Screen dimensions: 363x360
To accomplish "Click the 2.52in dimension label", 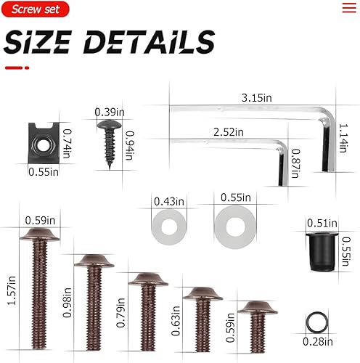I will tap(229, 132).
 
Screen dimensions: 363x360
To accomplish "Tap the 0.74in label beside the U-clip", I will tap(67, 135).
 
